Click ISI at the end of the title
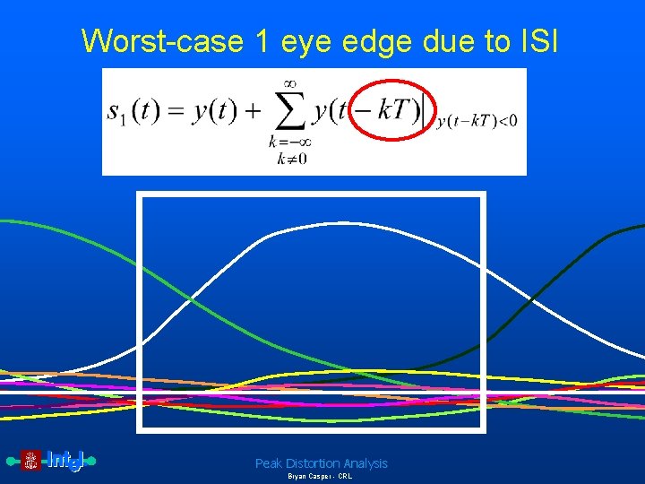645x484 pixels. click(x=535, y=40)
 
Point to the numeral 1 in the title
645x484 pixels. click(x=257, y=40)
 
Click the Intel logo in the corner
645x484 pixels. click(x=52, y=461)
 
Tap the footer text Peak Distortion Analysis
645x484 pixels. click(x=322, y=463)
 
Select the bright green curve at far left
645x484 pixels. click(x=36, y=224)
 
